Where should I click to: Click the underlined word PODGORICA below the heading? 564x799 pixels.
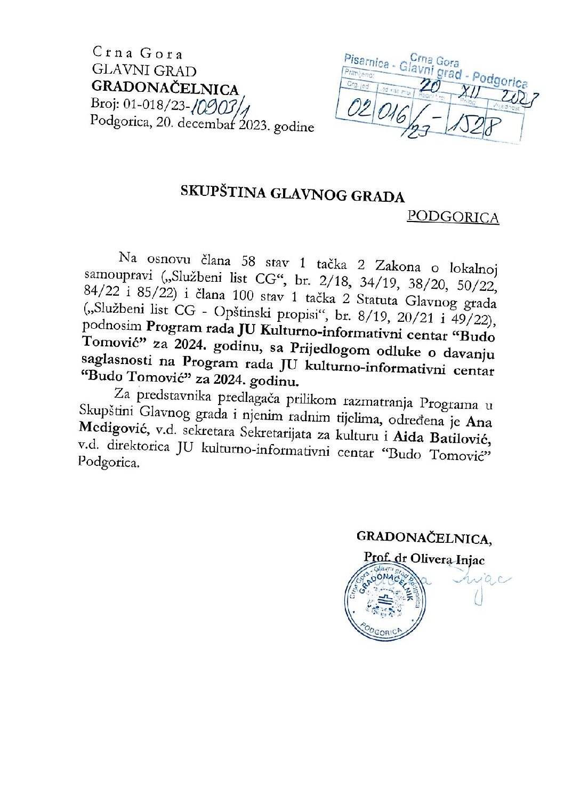(453, 217)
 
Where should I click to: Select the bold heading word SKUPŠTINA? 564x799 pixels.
(223, 192)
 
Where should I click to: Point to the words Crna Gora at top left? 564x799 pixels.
(138, 53)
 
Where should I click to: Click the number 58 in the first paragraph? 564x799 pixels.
(248, 261)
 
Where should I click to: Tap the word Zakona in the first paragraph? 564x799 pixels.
(398, 265)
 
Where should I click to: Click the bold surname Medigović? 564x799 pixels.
(114, 428)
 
